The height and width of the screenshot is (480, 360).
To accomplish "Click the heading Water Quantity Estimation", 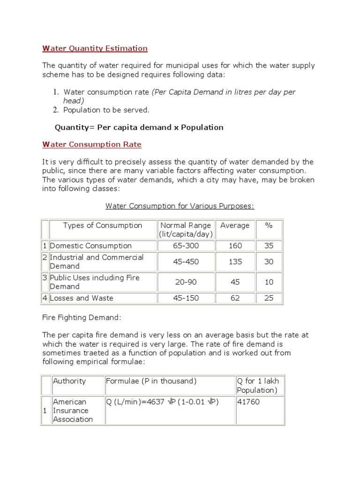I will (95, 48).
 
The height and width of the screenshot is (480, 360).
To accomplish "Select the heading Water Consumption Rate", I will (91, 144).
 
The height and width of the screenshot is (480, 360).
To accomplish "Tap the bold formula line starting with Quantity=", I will (139, 127).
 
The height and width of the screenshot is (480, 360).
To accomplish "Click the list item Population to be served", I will (106, 110).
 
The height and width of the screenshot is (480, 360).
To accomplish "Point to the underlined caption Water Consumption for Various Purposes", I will (180, 206).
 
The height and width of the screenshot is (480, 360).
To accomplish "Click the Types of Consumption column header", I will (103, 225).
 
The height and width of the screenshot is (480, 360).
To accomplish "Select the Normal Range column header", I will (186, 230).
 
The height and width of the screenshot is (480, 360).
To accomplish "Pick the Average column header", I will (235, 225).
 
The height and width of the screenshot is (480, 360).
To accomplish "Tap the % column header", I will (269, 225).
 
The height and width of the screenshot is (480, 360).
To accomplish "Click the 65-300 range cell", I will (186, 246).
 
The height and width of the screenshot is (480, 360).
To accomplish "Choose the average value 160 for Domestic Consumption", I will (235, 246).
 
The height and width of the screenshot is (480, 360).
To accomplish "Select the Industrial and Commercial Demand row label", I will (97, 262).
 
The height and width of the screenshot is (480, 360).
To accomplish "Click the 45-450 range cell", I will (186, 262).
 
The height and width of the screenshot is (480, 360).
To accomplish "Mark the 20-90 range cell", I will (186, 282).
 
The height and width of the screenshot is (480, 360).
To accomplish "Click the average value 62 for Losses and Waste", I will (235, 298).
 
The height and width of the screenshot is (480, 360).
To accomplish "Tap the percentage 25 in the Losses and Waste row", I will (269, 298).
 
